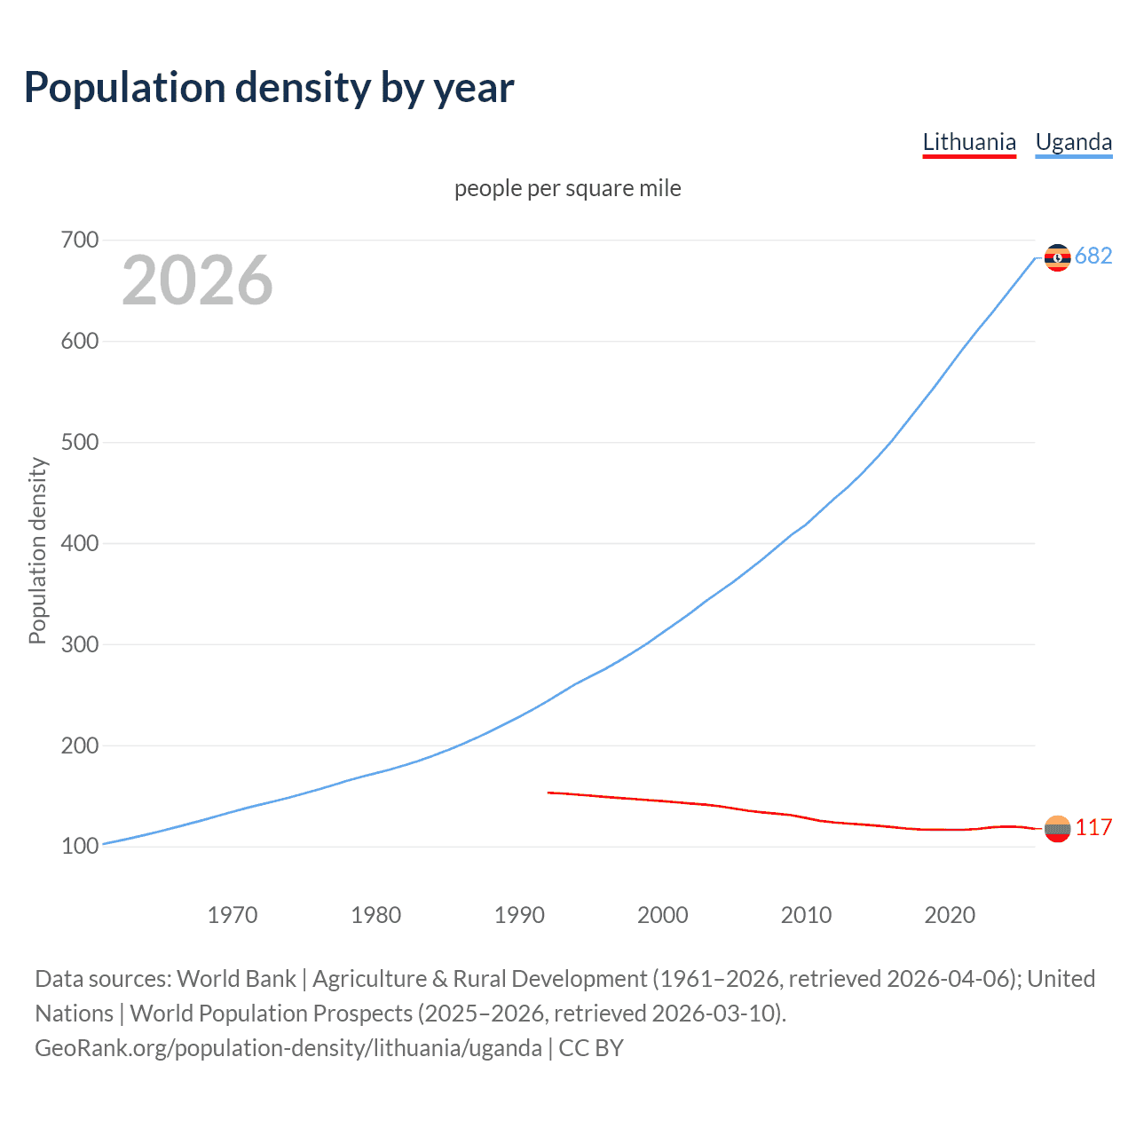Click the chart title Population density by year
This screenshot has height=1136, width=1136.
(x=269, y=88)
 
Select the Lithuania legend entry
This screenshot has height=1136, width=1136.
(x=969, y=142)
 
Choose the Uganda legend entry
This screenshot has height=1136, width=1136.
(x=1073, y=142)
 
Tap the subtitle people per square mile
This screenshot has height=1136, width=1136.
(x=567, y=188)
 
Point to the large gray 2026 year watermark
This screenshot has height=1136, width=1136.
(x=197, y=280)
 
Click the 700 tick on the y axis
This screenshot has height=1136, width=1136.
(x=80, y=240)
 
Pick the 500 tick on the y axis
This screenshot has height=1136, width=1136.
(x=80, y=442)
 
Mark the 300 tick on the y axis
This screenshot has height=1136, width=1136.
(x=80, y=644)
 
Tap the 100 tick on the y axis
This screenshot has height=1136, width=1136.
(x=80, y=847)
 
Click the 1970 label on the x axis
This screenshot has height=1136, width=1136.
(x=233, y=915)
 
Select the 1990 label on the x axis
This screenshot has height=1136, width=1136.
(x=519, y=915)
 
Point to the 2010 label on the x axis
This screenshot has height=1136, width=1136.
(x=806, y=915)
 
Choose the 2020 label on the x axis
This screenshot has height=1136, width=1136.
(x=950, y=915)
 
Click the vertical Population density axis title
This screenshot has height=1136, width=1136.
(x=37, y=550)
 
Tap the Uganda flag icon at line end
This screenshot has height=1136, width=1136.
(x=1057, y=257)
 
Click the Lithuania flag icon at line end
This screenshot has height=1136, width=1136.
(x=1057, y=829)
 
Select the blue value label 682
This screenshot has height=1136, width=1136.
(x=1093, y=256)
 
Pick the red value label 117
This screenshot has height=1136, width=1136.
(x=1093, y=828)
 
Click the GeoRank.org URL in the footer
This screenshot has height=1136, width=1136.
(x=288, y=1048)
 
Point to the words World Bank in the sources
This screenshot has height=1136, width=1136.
(x=236, y=979)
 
